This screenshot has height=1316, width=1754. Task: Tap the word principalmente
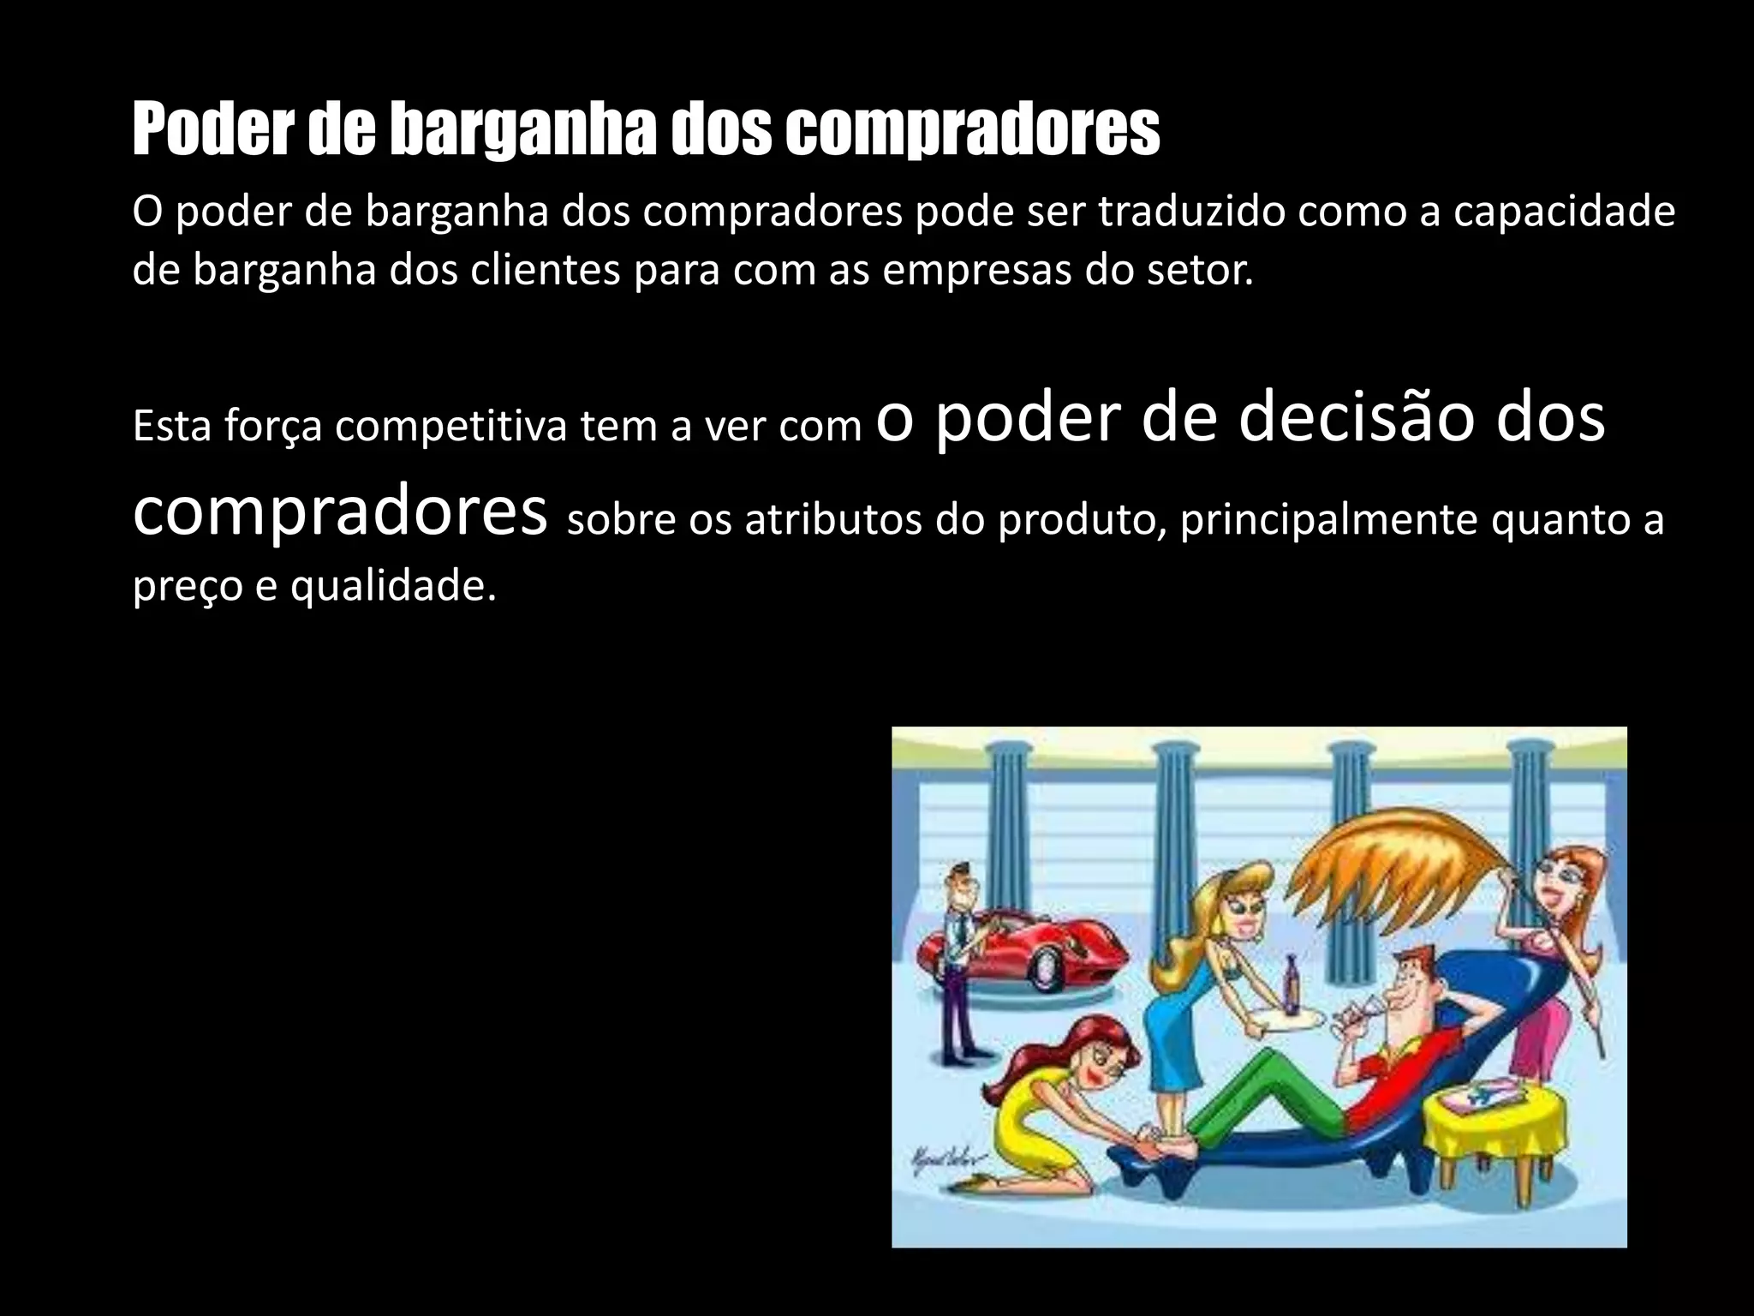[1328, 519]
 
